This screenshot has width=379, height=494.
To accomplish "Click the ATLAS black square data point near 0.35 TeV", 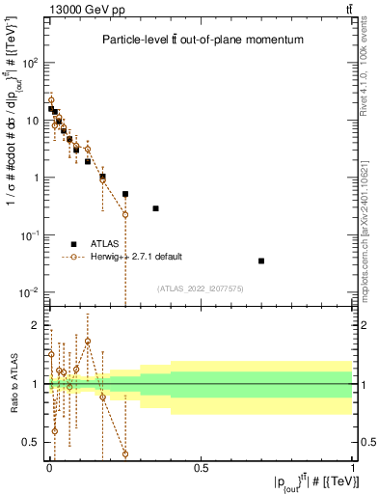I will [155, 208].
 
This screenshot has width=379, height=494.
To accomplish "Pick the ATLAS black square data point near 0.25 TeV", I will [125, 194].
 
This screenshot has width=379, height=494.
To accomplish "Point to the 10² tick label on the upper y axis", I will [28, 63].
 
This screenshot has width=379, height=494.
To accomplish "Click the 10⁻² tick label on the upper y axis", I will [28, 292].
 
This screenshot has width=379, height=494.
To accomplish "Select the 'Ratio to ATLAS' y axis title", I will [13, 384].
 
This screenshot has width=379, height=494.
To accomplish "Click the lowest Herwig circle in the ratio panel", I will [125, 453].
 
